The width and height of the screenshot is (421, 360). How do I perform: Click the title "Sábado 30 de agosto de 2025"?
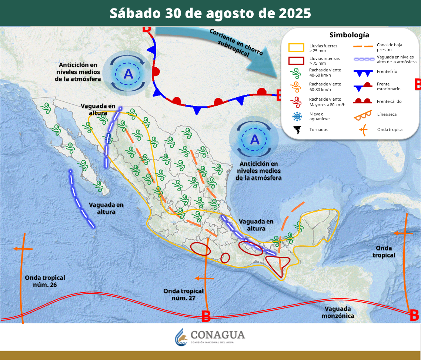[210, 13]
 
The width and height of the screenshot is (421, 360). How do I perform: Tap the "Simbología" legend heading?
[349, 35]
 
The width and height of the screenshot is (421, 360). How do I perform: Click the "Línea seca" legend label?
[387, 114]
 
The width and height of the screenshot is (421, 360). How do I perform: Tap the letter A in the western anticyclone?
[128, 74]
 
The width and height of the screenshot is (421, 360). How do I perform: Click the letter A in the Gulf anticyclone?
[255, 139]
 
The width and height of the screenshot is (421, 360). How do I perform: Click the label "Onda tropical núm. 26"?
[45, 281]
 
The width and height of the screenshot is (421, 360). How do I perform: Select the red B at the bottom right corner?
[414, 316]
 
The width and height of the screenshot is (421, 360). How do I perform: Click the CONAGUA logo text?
[218, 335]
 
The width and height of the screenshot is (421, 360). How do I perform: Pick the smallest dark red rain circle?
[225, 258]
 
